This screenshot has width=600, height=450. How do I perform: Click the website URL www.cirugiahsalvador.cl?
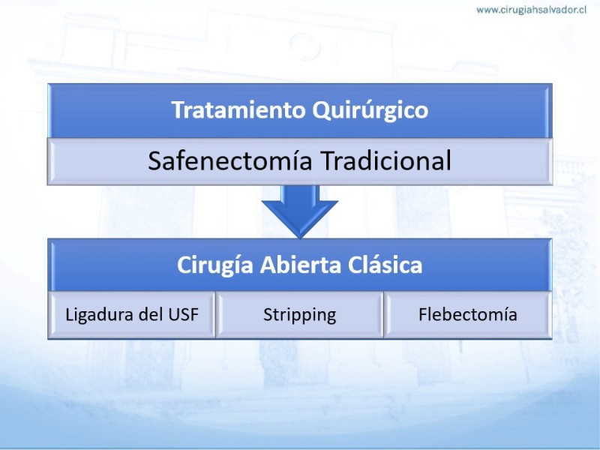click(531, 10)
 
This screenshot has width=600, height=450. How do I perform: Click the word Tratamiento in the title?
click(238, 109)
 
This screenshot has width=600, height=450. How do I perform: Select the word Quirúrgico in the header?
click(370, 111)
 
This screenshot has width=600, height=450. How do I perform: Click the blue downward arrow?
click(299, 211)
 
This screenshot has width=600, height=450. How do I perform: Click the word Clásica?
click(385, 265)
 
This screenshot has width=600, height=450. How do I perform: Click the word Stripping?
click(299, 315)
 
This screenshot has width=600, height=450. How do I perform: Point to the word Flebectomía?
click(467, 314)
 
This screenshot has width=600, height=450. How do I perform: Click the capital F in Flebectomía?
click(423, 315)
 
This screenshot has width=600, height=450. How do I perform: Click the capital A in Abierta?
click(267, 265)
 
